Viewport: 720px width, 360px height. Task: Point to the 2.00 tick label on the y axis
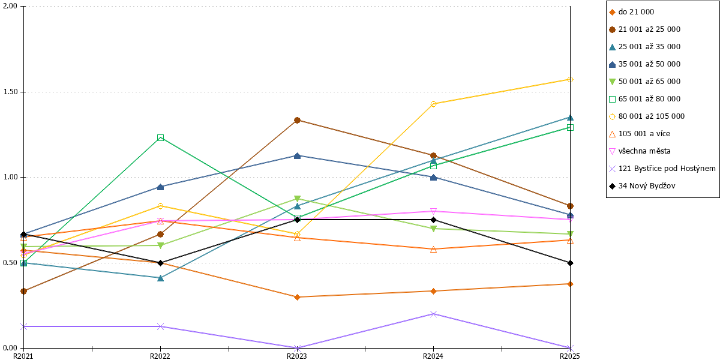click(x=10, y=6)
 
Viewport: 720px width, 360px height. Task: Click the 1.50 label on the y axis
click(x=10, y=92)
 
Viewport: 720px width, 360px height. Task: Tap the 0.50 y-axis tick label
click(x=10, y=263)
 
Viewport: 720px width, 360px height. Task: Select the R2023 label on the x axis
click(x=296, y=356)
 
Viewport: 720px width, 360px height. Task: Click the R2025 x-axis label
click(x=569, y=356)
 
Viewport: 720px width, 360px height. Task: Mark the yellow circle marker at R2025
click(x=570, y=79)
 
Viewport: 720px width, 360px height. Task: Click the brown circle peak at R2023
click(x=298, y=120)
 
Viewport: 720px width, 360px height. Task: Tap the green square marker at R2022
click(x=160, y=138)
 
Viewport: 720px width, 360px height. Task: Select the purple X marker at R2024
click(x=433, y=314)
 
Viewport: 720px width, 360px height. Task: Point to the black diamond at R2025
click(x=570, y=263)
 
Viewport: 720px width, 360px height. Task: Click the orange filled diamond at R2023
click(x=298, y=297)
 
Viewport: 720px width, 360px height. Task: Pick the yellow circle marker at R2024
click(x=433, y=104)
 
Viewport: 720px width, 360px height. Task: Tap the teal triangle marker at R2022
click(x=160, y=278)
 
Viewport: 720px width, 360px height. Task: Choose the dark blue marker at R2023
click(x=298, y=156)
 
